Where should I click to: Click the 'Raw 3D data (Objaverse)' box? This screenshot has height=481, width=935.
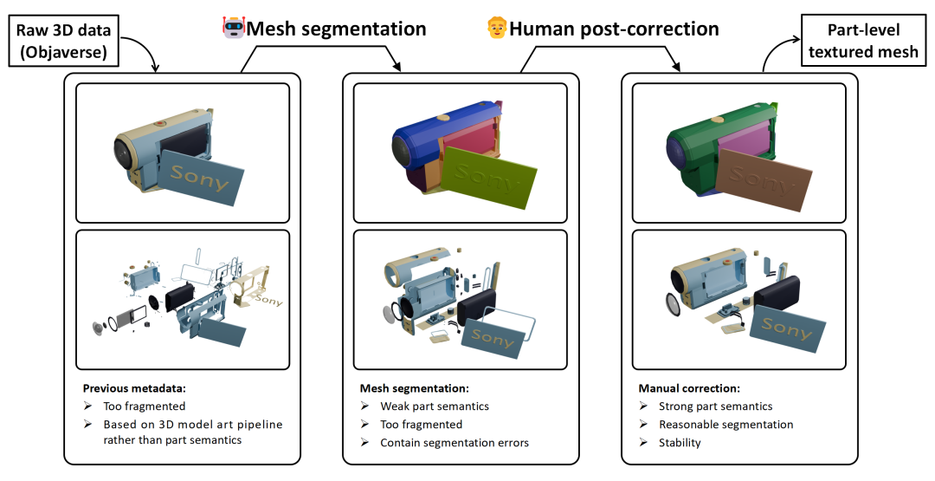63,41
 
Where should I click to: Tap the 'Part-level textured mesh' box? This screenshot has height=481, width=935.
863,41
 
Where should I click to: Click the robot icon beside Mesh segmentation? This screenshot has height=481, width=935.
233,28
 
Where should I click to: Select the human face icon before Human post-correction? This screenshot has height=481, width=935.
497,28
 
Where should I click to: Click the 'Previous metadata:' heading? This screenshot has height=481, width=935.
134,388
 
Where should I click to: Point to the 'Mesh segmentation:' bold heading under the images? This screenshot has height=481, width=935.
415,388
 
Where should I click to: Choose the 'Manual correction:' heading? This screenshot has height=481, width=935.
689,388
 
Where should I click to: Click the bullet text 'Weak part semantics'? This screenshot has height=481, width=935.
435,406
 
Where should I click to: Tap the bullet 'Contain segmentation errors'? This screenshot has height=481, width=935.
455,443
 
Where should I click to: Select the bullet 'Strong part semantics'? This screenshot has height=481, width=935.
716,406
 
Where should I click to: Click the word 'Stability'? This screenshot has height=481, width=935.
680,443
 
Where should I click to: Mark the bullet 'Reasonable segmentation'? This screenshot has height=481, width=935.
726,425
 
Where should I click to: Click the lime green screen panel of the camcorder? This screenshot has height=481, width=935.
489,175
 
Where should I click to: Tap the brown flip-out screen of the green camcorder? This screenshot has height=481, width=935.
765,175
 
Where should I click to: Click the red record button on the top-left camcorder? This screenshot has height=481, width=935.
159,124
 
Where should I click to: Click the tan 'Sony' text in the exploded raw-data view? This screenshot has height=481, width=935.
268,299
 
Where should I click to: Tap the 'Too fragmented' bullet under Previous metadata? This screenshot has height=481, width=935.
145,406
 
